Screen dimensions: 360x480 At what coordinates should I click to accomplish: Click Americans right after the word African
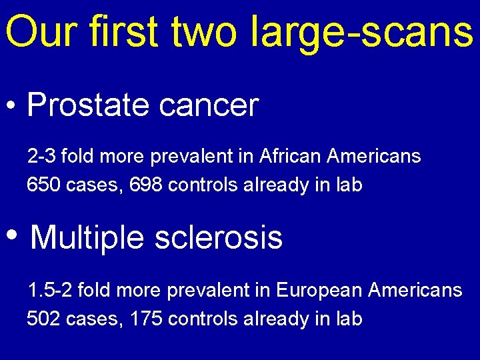tap(374, 157)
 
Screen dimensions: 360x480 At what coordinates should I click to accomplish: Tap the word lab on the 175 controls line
tap(348, 318)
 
